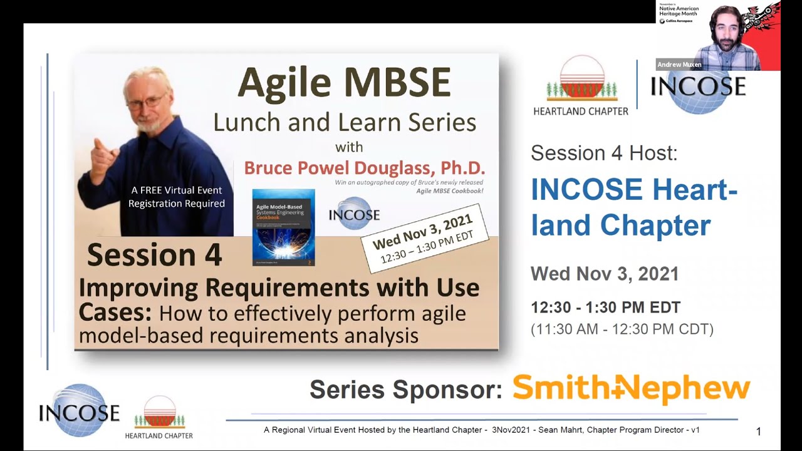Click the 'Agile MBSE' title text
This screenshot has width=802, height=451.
point(344,82)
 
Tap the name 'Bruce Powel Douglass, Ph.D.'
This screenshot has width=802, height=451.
point(364,168)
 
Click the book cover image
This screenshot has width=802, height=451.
point(283,227)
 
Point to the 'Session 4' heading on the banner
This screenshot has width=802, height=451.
point(154,255)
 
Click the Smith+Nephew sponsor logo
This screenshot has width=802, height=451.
point(631,389)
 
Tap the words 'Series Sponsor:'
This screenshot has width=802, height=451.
point(406,390)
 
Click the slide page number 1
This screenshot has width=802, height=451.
point(759,431)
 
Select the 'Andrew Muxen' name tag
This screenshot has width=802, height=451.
point(679,65)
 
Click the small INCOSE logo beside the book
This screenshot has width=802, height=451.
point(354,213)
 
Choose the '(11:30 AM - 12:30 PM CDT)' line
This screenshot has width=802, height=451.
point(622,329)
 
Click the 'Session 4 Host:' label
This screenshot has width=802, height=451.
point(603,153)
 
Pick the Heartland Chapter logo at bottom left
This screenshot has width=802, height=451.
point(159,417)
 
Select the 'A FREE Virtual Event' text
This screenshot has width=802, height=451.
point(176,190)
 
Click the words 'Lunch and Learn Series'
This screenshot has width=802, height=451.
point(344,122)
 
